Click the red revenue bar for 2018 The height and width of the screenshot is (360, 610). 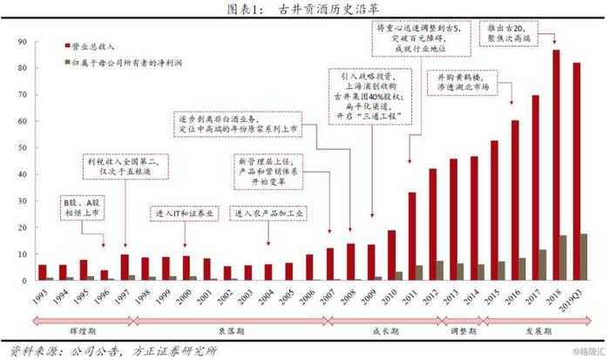point(556,166)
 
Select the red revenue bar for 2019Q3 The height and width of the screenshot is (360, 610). point(576,172)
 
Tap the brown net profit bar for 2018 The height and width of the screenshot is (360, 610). point(563,258)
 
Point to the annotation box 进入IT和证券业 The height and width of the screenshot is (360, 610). point(186,214)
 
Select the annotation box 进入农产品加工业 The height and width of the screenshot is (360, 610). point(270,214)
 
